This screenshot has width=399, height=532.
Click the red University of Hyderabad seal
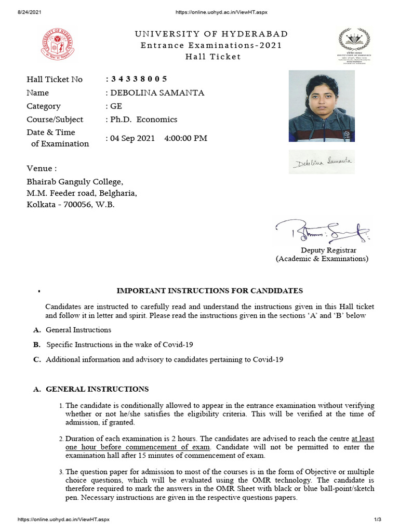[x=57, y=44]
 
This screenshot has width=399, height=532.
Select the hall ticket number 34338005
[x=138, y=79]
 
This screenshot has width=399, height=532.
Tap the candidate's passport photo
[x=322, y=106]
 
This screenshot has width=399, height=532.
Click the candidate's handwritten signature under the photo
[x=322, y=163]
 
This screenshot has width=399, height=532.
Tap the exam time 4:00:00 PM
[x=185, y=138]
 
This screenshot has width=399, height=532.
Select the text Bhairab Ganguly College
[x=75, y=182]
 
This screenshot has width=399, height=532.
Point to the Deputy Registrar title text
[x=330, y=250]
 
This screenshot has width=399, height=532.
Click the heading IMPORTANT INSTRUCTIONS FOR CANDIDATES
[x=209, y=290]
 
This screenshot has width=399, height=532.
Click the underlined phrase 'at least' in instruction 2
[x=363, y=439]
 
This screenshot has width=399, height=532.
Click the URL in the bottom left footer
[x=63, y=520]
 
